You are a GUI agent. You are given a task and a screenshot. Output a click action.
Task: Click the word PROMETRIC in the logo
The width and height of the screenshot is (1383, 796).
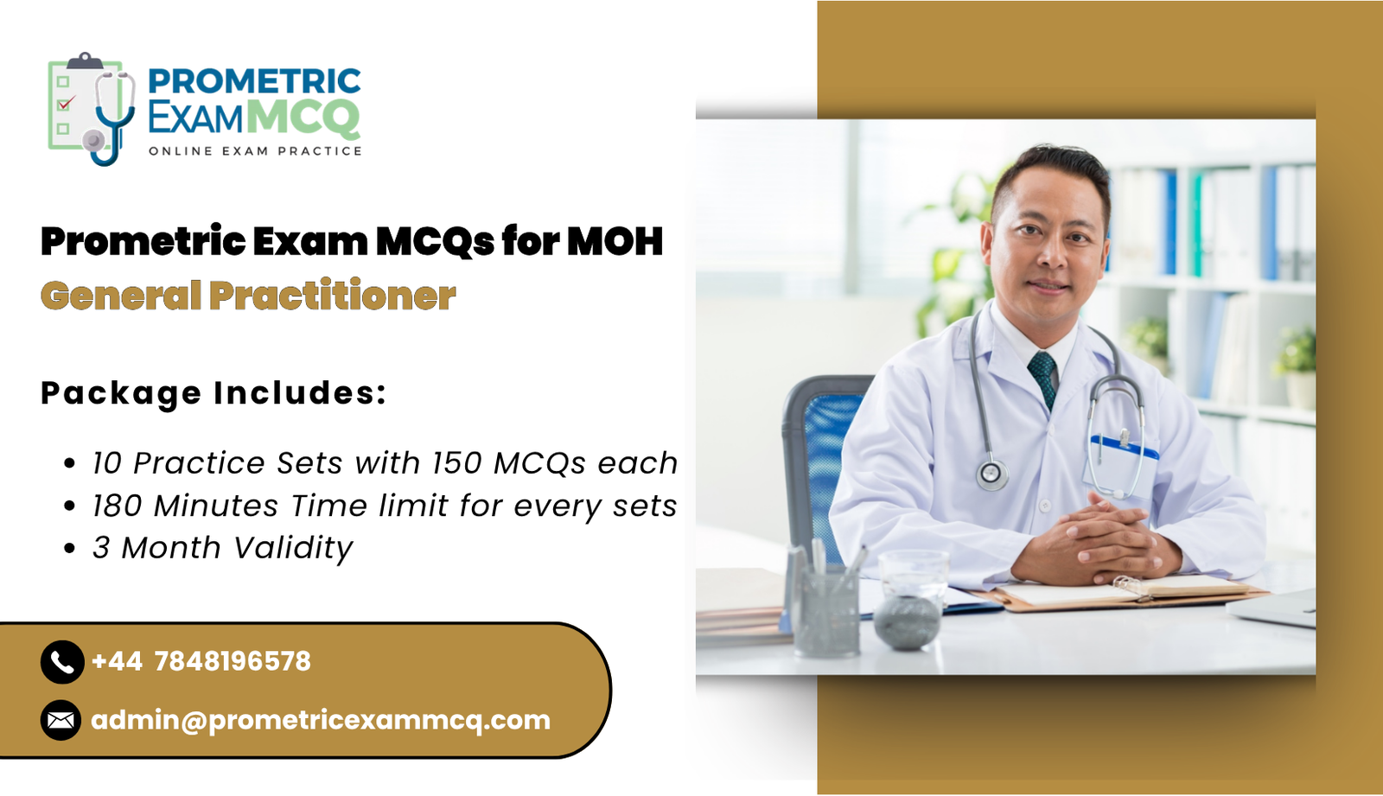pyautogui.click(x=254, y=81)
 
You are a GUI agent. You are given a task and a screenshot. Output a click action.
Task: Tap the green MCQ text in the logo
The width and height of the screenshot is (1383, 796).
pyautogui.click(x=303, y=118)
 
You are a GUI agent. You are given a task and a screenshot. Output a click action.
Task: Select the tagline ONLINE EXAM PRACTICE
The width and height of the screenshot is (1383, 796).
pyautogui.click(x=255, y=151)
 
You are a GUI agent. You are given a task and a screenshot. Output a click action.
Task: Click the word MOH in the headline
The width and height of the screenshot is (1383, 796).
pyautogui.click(x=615, y=241)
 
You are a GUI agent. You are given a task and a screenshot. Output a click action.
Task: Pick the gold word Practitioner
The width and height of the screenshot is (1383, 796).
pyautogui.click(x=333, y=296)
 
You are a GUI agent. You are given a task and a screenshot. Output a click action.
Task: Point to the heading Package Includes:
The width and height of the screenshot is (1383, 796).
pyautogui.click(x=214, y=393)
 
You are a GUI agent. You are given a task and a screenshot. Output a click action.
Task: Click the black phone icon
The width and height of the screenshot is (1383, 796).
pyautogui.click(x=62, y=662)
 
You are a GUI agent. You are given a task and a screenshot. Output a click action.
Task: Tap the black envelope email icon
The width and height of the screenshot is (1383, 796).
pyautogui.click(x=61, y=720)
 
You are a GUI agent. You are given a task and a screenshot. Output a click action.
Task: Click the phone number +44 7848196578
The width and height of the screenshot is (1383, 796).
pyautogui.click(x=201, y=662)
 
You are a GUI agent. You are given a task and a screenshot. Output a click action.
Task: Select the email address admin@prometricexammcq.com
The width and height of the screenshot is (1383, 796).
pyautogui.click(x=321, y=720)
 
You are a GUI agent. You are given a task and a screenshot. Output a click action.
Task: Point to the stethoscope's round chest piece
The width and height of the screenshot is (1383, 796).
pyautogui.click(x=991, y=474)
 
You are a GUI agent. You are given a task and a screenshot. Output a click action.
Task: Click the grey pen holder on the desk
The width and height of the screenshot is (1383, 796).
pyautogui.click(x=826, y=609)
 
